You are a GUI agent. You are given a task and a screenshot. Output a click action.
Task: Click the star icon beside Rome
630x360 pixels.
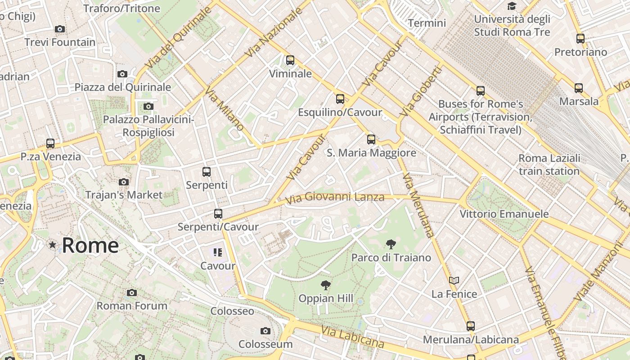[53, 245]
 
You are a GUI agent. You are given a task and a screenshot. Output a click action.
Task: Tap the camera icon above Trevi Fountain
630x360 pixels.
[59, 29]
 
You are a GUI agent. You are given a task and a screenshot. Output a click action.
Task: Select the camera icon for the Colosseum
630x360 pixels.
[265, 331]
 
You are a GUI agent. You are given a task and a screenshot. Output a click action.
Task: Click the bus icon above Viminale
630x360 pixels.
[290, 60]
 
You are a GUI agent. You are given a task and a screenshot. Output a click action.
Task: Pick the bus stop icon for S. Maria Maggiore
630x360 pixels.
[371, 139]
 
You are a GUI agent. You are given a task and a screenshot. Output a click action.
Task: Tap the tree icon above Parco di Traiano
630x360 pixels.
[391, 244]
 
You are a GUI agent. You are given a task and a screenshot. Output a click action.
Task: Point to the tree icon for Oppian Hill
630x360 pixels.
[326, 285]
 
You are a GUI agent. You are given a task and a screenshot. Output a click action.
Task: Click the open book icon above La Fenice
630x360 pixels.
[454, 280]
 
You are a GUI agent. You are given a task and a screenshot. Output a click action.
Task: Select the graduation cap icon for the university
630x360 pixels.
[512, 6]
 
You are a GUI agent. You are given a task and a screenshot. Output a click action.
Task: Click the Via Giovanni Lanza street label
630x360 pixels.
[335, 197]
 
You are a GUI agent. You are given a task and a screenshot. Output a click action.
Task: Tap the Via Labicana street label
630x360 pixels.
[353, 337]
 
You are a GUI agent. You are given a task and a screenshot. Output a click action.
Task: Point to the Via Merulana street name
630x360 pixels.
[418, 205]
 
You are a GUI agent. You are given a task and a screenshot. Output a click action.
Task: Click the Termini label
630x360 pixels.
[427, 23]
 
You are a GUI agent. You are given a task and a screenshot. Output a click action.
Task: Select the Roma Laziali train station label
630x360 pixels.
[549, 165]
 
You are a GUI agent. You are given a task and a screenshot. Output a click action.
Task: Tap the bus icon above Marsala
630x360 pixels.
[579, 88]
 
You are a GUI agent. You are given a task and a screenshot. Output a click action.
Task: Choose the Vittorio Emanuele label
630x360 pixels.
[504, 214]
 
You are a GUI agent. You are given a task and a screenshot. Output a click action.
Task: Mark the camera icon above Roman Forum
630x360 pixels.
[132, 293]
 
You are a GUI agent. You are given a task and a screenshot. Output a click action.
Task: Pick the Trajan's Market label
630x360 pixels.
[124, 195]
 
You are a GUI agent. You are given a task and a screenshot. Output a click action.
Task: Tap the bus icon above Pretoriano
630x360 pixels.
[580, 39]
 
